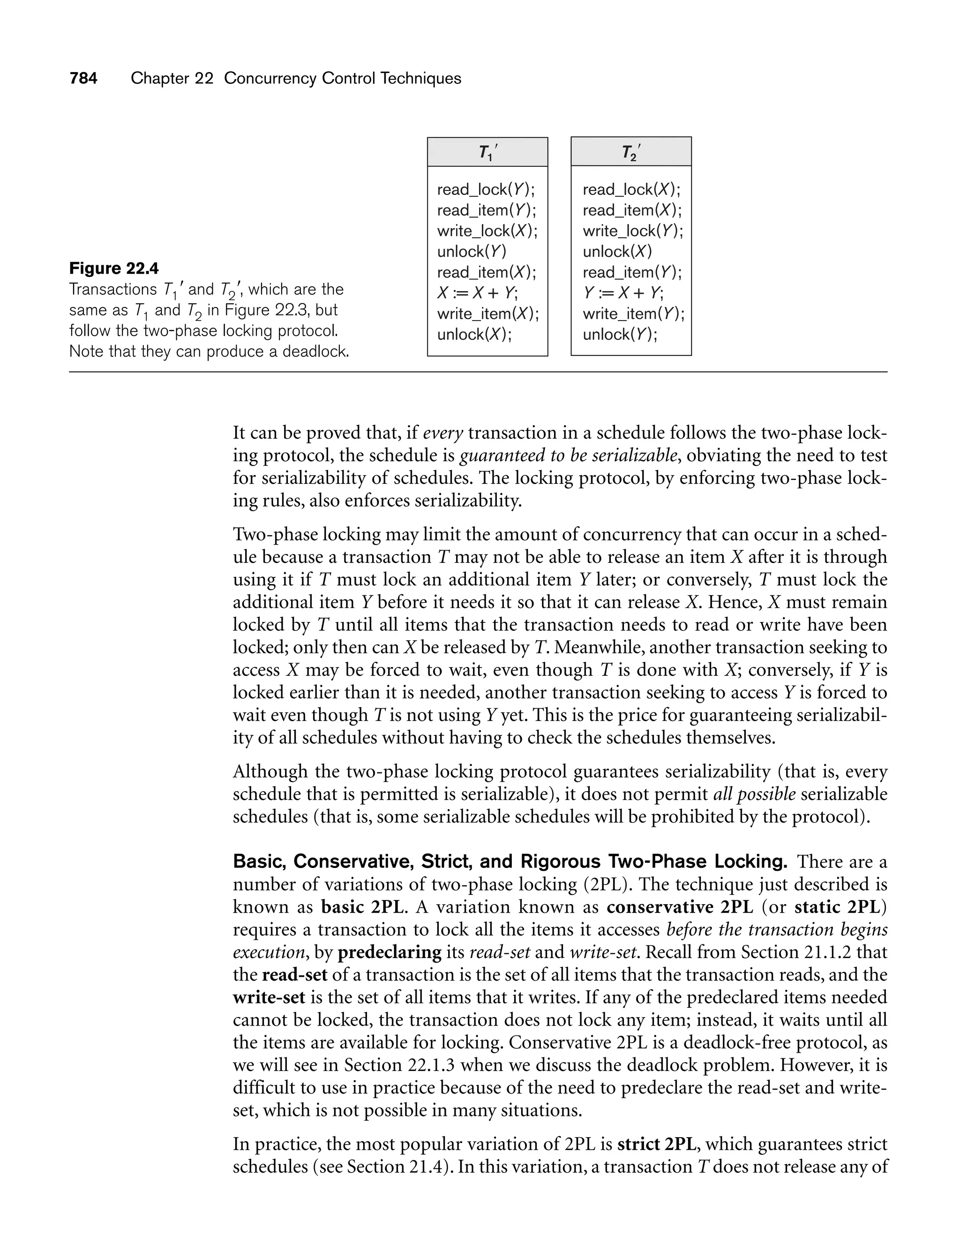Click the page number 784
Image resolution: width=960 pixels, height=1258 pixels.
point(83,78)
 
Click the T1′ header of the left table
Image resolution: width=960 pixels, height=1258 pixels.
point(487,152)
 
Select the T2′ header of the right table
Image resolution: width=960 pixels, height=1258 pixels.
point(631,152)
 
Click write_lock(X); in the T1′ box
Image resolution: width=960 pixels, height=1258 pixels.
point(487,231)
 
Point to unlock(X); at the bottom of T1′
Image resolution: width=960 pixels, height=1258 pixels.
point(474,334)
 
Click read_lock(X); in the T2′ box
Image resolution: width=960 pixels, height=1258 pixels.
point(631,190)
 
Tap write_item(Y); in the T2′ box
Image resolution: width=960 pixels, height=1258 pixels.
point(633,314)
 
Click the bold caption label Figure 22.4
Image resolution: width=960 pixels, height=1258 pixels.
point(114,268)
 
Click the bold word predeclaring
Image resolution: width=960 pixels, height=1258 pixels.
point(390,952)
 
